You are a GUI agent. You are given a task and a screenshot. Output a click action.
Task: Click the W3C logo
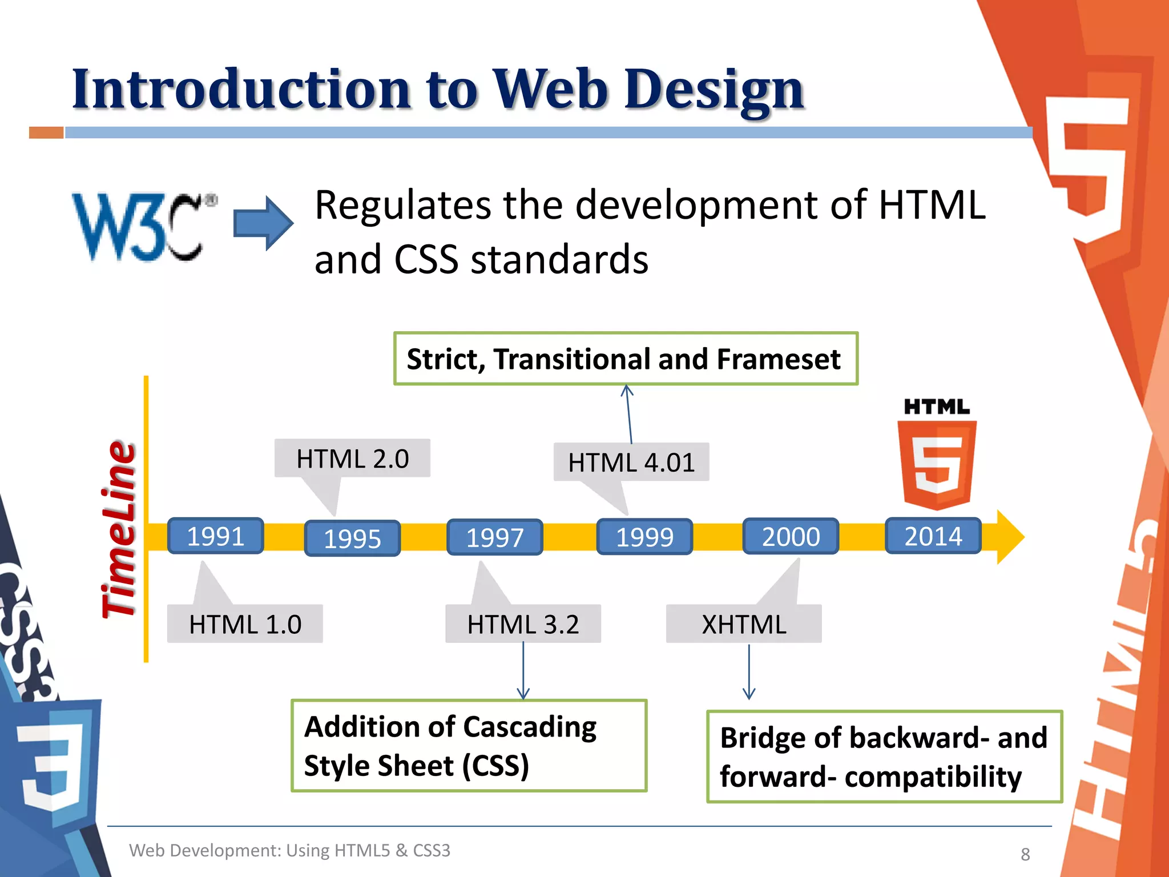(143, 227)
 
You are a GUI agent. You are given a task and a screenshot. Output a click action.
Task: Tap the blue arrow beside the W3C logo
(263, 223)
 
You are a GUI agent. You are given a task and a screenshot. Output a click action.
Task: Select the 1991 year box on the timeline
(215, 536)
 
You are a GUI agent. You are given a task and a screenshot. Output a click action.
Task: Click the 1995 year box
(352, 538)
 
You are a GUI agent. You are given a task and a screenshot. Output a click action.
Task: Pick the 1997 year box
(494, 537)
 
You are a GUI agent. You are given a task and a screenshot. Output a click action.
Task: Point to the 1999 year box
(644, 537)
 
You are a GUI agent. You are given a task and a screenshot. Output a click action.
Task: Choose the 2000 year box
(791, 536)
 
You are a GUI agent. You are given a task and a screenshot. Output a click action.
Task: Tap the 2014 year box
(933, 536)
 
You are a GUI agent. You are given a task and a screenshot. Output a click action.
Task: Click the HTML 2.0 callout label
(352, 458)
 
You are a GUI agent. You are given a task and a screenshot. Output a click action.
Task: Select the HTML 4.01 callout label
(631, 462)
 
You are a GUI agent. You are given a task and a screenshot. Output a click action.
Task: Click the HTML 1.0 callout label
(245, 624)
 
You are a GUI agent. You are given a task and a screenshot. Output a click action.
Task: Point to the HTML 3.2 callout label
(523, 624)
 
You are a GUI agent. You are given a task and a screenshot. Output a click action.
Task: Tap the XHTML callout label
(744, 624)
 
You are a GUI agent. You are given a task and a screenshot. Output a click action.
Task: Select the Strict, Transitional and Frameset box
(626, 359)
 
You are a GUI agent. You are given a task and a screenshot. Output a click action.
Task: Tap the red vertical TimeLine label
(119, 529)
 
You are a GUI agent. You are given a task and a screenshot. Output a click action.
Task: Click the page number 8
(1025, 854)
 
